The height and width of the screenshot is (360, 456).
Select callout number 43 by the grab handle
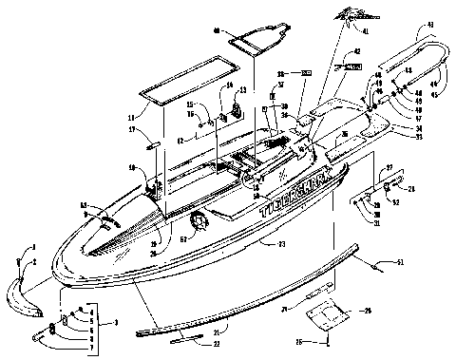[x=429, y=50]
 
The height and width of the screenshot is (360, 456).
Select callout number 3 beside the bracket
[x=115, y=324]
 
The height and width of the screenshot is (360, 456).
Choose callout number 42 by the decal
[x=357, y=52]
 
